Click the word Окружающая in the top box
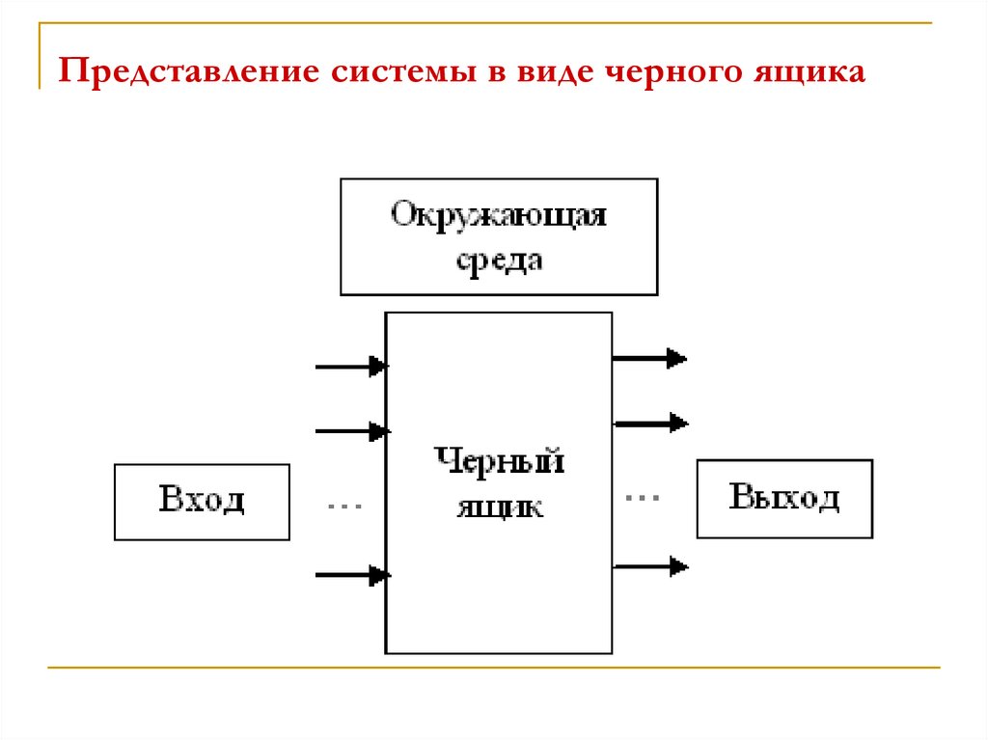(498, 213)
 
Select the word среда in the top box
(498, 260)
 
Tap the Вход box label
(202, 500)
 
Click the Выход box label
(784, 498)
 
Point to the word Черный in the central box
(499, 461)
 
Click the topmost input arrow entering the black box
(351, 367)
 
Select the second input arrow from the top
(351, 430)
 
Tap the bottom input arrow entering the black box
(351, 576)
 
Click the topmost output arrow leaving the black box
(649, 359)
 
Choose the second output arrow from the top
(649, 423)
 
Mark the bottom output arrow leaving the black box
(649, 566)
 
